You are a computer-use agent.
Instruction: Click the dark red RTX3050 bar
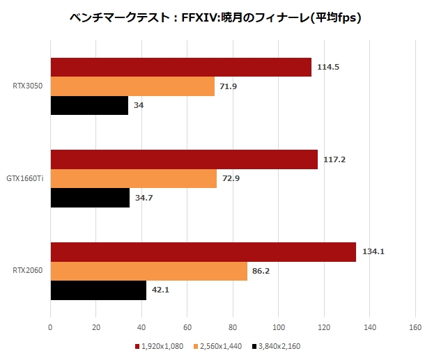180,68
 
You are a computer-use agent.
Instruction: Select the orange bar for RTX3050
132,86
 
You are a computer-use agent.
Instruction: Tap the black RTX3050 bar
89,105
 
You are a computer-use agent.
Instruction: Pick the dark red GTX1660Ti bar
184,159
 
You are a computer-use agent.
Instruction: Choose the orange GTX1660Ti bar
133,179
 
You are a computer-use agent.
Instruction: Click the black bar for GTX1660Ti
90,198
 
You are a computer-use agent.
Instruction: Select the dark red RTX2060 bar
203,252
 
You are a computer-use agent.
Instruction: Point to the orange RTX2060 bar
148,271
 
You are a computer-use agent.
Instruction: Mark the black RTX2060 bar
98,290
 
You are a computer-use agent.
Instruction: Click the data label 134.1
372,252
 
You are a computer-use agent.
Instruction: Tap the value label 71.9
230,86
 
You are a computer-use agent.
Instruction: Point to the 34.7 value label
144,198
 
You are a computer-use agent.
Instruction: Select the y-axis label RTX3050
28,86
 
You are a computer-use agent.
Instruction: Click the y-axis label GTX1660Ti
25,179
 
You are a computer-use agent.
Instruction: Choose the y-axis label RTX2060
28,271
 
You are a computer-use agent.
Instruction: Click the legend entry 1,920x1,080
161,345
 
